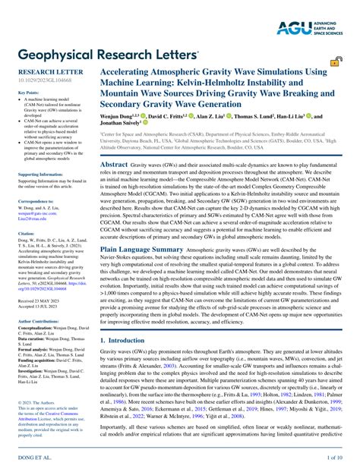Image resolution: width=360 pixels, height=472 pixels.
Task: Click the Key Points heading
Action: click(28, 92)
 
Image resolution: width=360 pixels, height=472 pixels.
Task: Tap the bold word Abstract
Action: click(114, 164)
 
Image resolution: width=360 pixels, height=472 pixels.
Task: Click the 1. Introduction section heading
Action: click(127, 341)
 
